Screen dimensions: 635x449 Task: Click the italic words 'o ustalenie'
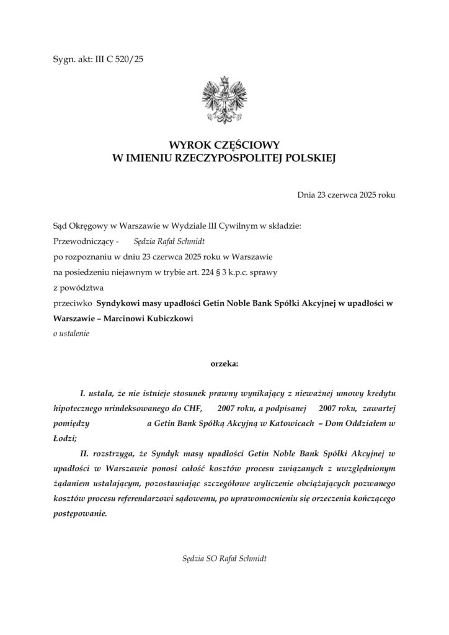point(71,334)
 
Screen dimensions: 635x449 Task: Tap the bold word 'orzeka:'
point(224,363)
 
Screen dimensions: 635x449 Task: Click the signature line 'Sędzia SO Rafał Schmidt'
point(224,558)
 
